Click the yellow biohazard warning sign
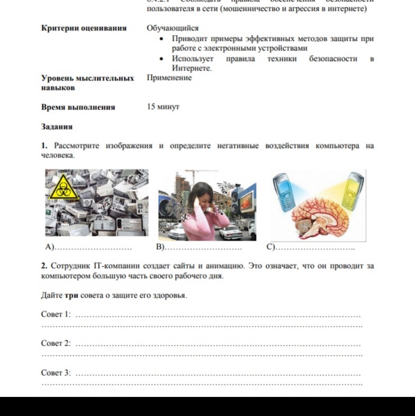click(64, 188)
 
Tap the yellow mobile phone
click(353, 191)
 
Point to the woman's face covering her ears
click(204, 198)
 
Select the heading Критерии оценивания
click(84, 28)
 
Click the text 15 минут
click(163, 106)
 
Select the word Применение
click(169, 78)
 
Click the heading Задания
click(57, 127)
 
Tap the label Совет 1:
click(56, 314)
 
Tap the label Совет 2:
click(56, 343)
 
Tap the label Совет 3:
click(56, 373)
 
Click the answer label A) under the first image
click(50, 247)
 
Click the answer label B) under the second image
click(160, 247)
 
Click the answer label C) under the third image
click(271, 247)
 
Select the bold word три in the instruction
click(72, 296)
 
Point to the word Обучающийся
click(173, 28)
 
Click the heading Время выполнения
click(78, 107)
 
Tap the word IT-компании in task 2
click(116, 266)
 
